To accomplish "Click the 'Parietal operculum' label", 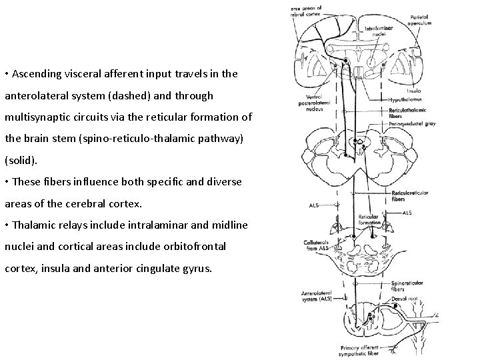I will (419, 20).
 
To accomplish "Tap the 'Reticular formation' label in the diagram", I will (368, 219).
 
